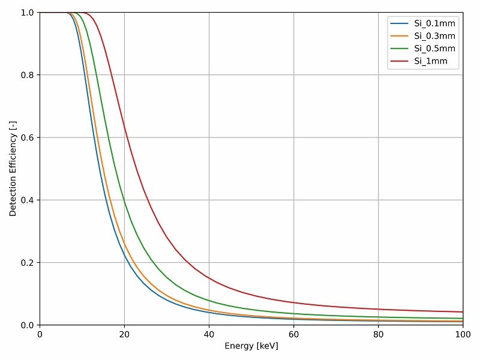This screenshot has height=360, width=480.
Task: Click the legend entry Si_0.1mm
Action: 434,23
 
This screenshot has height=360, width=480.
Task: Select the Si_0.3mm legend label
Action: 434,36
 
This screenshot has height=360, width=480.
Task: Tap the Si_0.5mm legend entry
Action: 434,49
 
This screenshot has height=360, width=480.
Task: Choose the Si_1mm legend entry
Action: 430,61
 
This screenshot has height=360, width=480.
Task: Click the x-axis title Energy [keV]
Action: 251,346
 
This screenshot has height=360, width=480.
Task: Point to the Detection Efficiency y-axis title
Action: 13,169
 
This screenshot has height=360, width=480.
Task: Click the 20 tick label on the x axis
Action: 124,334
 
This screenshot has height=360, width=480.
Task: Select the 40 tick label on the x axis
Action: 209,334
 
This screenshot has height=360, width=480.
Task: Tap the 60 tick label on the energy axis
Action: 293,334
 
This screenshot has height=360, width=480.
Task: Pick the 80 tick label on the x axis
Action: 378,334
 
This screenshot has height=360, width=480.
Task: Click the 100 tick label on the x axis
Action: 463,334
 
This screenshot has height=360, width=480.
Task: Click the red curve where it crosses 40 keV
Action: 209,277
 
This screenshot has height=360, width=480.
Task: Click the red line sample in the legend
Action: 400,61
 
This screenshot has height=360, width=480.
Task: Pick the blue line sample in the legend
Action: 400,23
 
